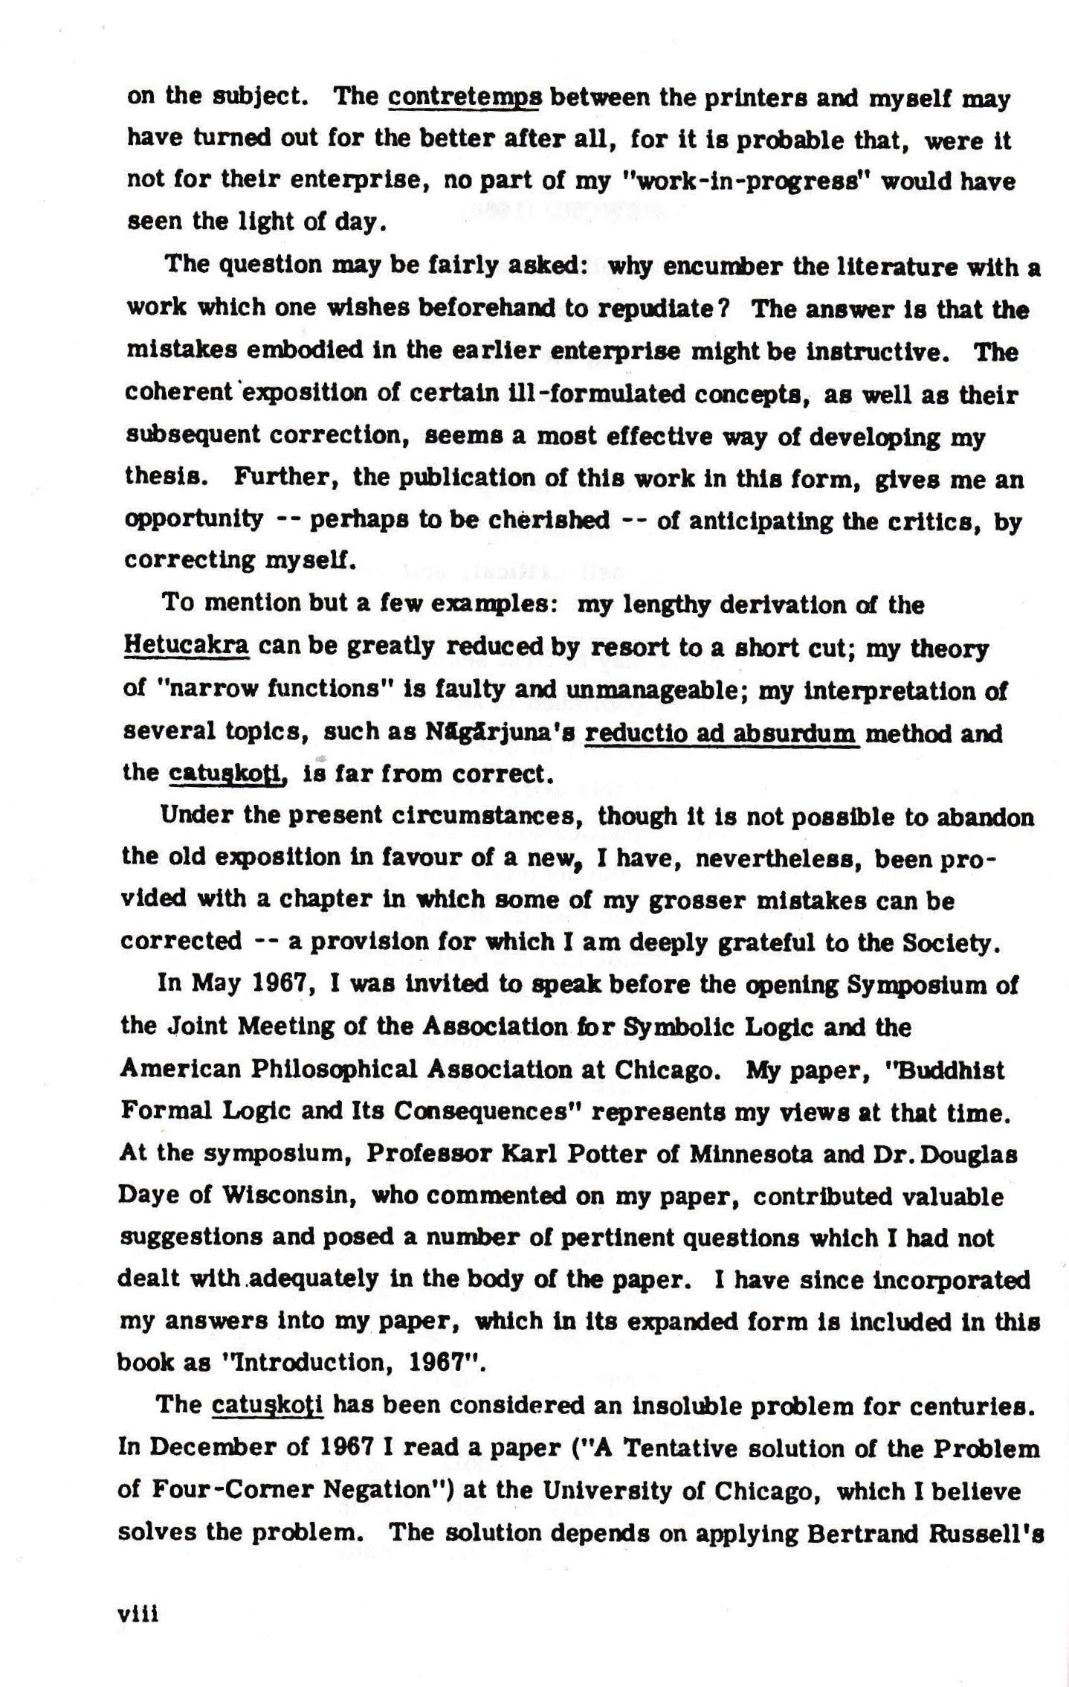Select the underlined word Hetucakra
(186, 648)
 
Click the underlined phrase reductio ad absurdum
(722, 735)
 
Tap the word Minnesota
(753, 1155)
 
